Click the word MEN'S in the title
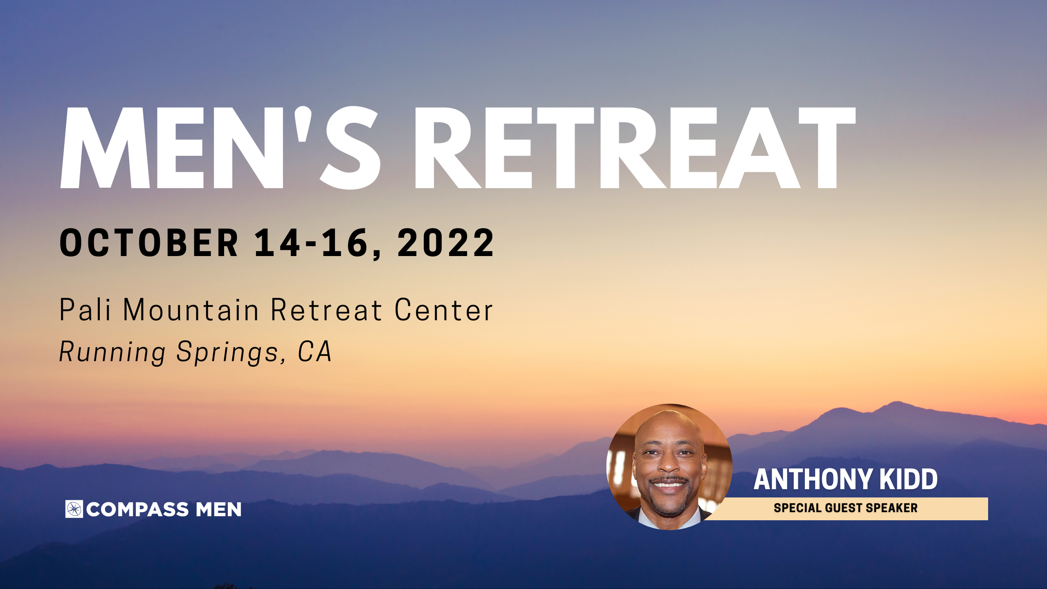click(x=220, y=148)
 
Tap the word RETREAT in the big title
click(x=635, y=148)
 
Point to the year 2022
click(x=446, y=243)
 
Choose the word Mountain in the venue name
click(x=191, y=310)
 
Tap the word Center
click(x=444, y=310)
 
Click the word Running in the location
click(x=112, y=352)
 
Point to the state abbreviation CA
click(x=315, y=351)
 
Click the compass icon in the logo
click(x=74, y=509)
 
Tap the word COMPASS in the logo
click(x=137, y=510)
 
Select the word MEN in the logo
click(x=218, y=510)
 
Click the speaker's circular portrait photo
click(x=670, y=467)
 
